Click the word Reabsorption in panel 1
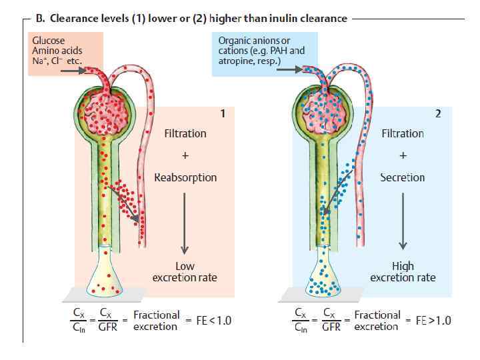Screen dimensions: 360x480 click(x=185, y=177)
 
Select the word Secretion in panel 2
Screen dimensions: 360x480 click(x=402, y=177)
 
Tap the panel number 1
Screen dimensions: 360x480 click(x=222, y=113)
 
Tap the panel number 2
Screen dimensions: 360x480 click(x=438, y=113)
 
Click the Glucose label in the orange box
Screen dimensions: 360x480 click(x=49, y=41)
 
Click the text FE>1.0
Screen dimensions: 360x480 click(x=428, y=321)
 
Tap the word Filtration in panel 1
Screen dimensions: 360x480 click(x=185, y=133)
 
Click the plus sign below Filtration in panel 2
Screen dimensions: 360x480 click(x=402, y=155)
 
